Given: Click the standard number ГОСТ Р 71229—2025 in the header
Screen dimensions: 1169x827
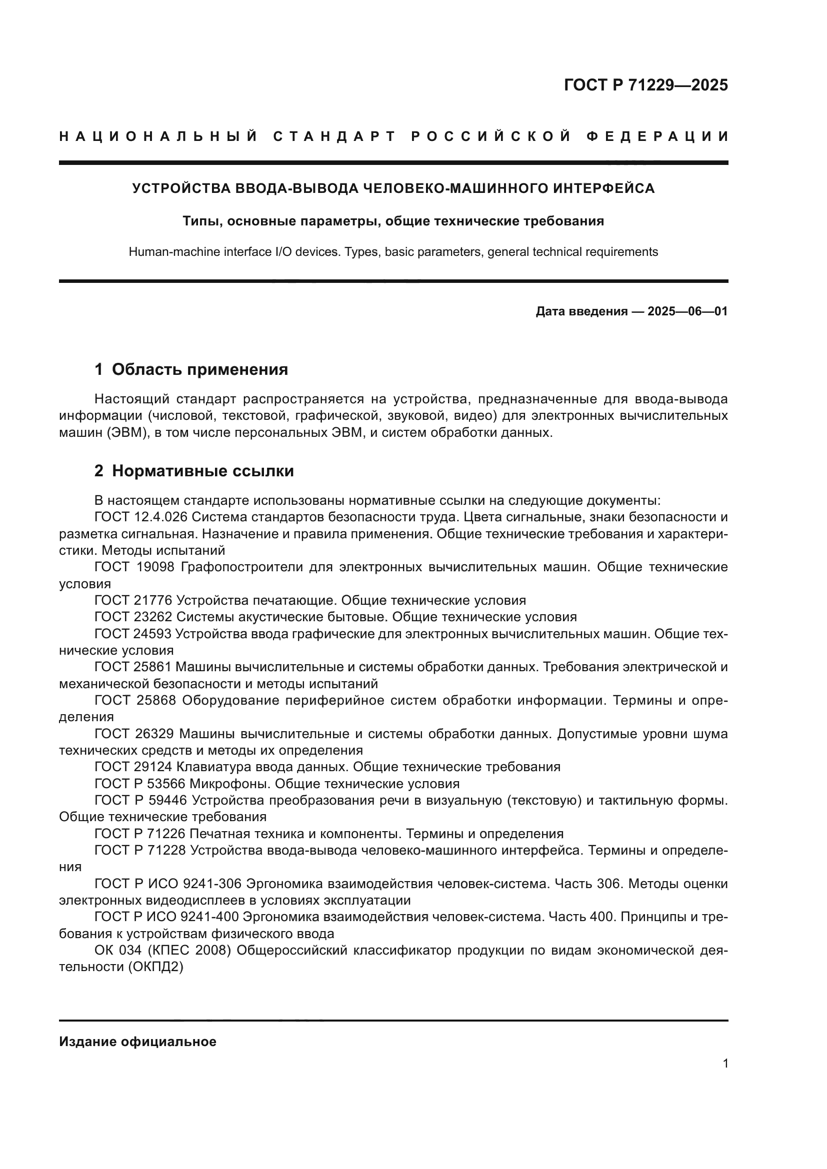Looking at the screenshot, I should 645,85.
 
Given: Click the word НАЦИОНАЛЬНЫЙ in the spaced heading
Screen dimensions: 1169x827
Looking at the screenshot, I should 158,136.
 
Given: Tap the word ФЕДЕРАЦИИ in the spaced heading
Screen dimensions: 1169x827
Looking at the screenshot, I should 657,136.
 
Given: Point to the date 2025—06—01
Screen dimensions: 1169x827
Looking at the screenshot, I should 687,311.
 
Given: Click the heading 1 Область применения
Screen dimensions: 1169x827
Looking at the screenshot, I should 191,369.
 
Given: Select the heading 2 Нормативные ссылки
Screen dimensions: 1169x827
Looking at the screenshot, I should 194,471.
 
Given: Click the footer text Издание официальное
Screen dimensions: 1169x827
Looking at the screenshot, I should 137,1042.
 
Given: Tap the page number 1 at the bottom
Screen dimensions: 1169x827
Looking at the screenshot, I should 725,1063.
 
